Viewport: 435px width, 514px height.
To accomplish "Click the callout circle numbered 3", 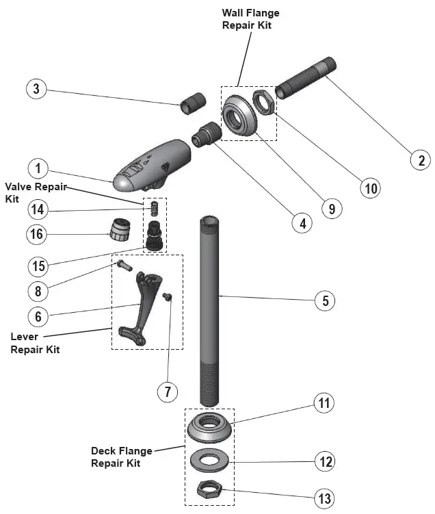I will coord(38,88).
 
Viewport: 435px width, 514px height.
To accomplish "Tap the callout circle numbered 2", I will coord(420,160).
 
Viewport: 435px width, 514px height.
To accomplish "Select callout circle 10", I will coord(369,187).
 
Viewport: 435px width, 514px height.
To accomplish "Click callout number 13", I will coord(324,496).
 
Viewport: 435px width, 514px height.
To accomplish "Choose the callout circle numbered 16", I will coord(38,234).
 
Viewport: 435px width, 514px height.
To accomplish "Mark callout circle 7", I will coord(167,391).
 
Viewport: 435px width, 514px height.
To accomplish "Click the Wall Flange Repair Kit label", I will coord(251,18).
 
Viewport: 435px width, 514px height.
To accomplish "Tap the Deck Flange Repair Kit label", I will coord(121,457).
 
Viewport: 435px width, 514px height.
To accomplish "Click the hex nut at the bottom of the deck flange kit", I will coord(208,489).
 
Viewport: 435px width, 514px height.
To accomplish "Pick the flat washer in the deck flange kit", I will coord(209,459).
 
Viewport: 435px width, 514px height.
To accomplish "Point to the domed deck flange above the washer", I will coord(210,429).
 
